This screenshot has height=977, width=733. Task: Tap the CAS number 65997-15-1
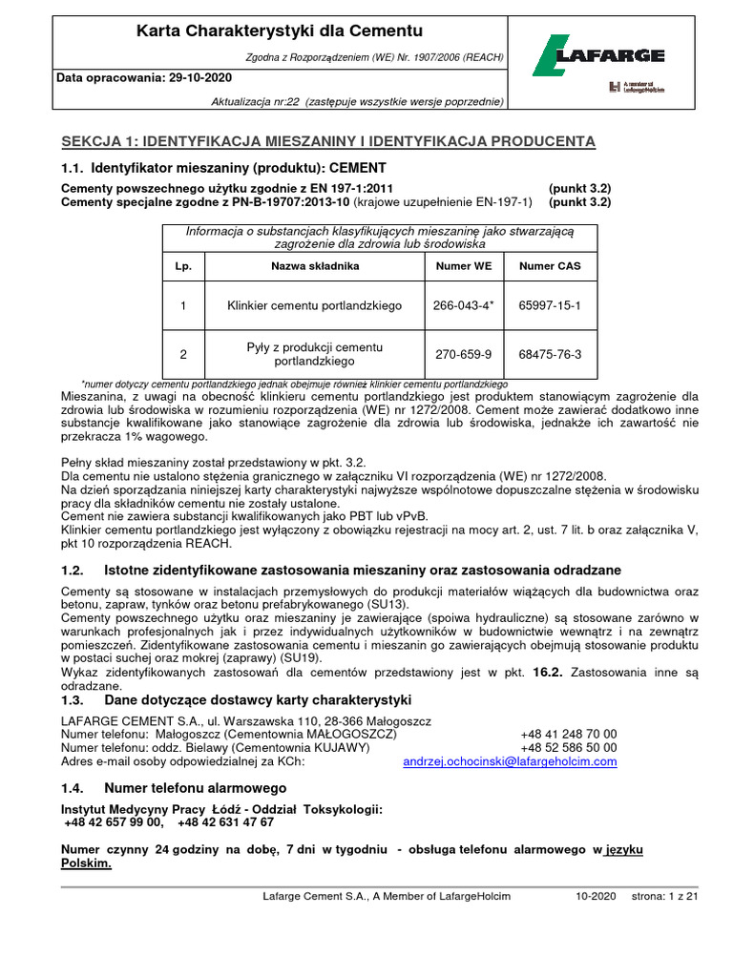549,305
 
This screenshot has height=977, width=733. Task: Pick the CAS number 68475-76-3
549,354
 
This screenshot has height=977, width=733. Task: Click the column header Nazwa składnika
315,266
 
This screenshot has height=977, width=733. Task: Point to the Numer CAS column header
549,266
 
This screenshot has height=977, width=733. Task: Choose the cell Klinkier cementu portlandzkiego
315,305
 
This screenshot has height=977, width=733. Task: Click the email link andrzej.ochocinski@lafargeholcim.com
510,761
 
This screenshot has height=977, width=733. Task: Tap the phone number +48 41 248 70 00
569,734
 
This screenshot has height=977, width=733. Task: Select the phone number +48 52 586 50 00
569,747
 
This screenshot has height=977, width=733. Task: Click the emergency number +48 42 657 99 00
115,821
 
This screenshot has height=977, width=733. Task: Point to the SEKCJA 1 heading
328,141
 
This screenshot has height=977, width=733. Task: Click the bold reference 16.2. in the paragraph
546,673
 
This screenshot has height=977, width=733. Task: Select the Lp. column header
183,266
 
